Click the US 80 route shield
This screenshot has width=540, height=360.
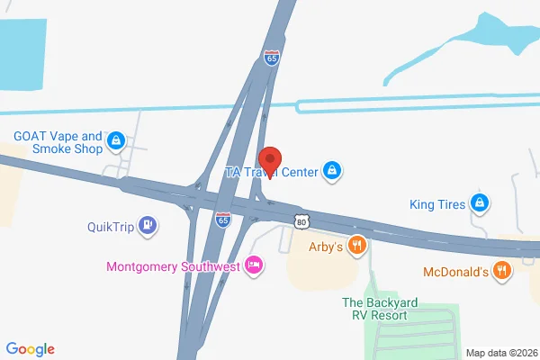click(300, 220)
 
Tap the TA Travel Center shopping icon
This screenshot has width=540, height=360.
click(332, 169)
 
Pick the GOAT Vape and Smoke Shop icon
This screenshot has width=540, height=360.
click(116, 140)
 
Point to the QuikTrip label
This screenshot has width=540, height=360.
click(111, 227)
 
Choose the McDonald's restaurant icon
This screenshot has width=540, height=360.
click(502, 269)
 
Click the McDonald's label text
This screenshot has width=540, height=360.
click(455, 270)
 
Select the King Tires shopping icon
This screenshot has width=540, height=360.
click(481, 203)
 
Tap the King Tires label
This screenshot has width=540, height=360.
click(436, 204)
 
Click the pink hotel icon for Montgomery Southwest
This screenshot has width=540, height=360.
click(256, 265)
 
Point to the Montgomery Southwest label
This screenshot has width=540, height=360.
click(172, 266)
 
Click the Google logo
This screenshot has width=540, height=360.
click(31, 349)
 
